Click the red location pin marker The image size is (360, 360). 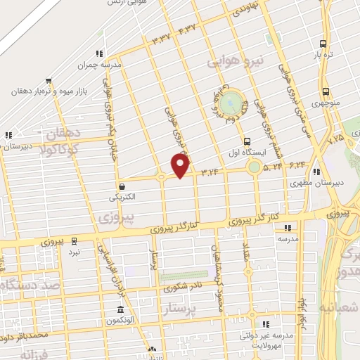coord(181,166)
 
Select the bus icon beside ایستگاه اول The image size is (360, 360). coord(246,141)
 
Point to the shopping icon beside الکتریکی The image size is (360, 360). coord(123,187)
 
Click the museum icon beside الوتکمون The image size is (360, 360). coord(121,310)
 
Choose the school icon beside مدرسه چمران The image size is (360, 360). coord(101,53)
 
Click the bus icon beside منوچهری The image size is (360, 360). coord(325,91)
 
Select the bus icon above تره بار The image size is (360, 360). coord(323,41)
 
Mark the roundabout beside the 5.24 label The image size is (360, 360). coord(253,167)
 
